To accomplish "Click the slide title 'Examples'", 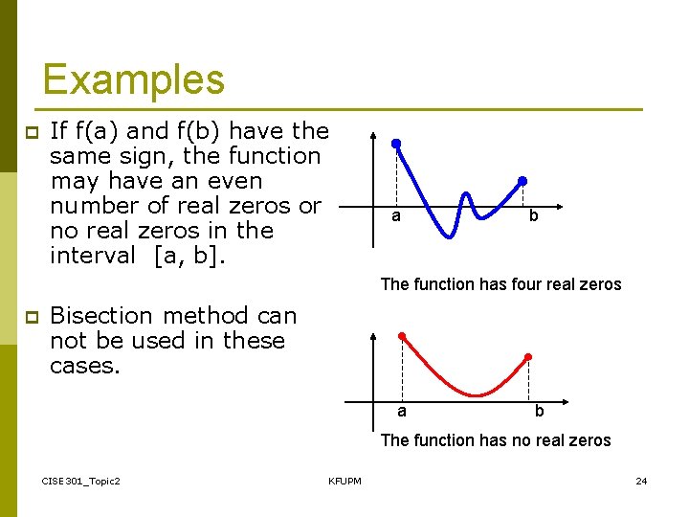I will [133, 79].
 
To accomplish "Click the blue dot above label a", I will [395, 144].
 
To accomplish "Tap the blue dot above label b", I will [522, 180].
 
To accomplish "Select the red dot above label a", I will [402, 336].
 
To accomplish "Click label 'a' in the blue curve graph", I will [395, 216].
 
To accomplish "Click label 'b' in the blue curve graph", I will [533, 216].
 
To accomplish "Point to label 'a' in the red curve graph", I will [402, 412].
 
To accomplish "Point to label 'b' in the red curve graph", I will [539, 412].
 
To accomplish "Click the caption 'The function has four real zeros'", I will [500, 284].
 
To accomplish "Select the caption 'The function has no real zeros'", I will [496, 440].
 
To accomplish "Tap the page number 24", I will [641, 481].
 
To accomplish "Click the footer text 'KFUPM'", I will [344, 481].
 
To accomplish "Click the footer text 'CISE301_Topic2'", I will [81, 481].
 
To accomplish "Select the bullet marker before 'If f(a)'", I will [30, 132].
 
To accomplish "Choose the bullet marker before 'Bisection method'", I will [30, 317].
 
